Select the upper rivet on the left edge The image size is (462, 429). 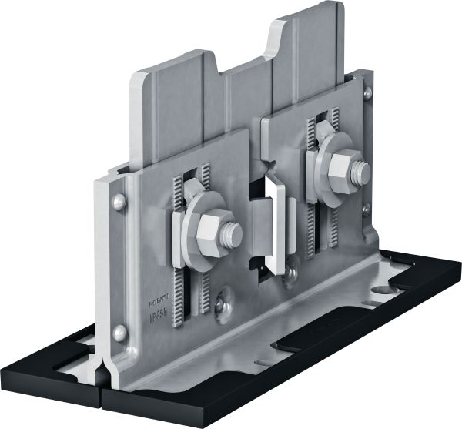point(118,202)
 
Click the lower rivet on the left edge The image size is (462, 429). point(119,333)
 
